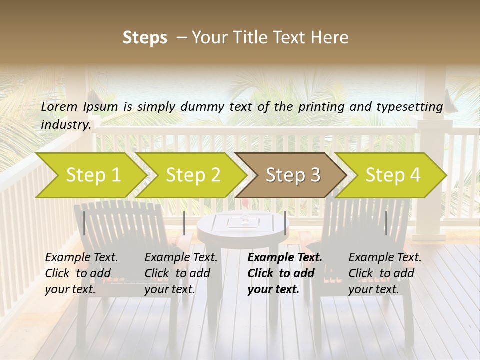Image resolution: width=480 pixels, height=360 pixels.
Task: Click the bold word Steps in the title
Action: (x=145, y=38)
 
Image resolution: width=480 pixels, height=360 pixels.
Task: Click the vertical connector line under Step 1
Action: (x=84, y=223)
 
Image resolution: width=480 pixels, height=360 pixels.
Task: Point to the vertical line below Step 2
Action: (x=184, y=223)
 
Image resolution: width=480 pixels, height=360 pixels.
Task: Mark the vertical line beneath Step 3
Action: (x=285, y=223)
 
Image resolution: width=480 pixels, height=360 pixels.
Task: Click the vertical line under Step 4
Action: (x=386, y=223)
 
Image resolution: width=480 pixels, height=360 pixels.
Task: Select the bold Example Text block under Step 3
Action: (x=285, y=273)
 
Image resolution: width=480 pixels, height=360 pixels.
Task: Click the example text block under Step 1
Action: (x=81, y=273)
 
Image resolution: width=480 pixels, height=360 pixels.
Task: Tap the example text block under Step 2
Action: (x=181, y=273)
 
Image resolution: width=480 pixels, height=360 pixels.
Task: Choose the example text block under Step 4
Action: (x=385, y=273)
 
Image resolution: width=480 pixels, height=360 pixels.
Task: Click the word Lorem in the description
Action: (x=59, y=106)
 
